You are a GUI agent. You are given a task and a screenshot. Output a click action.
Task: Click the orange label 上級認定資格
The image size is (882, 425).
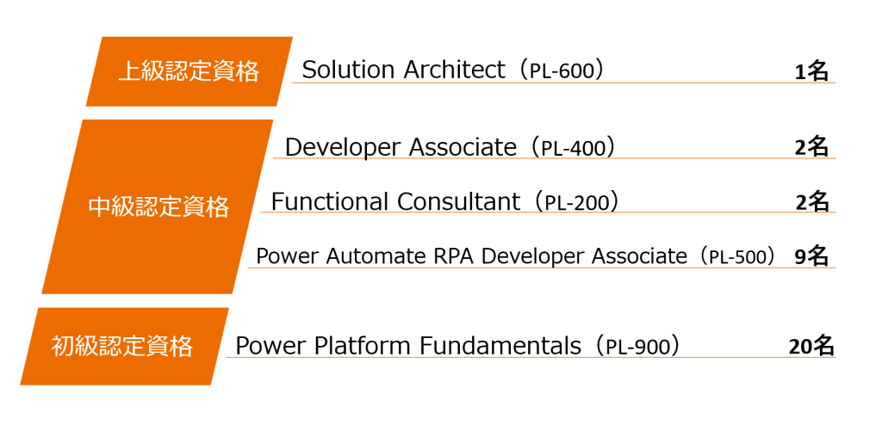click(x=189, y=71)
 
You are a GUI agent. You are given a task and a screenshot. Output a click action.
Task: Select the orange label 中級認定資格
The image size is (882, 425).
click(x=158, y=206)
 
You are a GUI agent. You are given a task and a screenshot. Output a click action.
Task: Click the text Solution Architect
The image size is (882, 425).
click(x=403, y=71)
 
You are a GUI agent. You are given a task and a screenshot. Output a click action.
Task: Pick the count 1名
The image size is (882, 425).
click(x=811, y=72)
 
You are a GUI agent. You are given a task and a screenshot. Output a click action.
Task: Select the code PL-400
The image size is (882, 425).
click(x=573, y=149)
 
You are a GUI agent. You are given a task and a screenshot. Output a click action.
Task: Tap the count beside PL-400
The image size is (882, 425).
click(x=811, y=148)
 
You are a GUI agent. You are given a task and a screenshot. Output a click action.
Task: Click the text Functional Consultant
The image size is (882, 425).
click(x=395, y=202)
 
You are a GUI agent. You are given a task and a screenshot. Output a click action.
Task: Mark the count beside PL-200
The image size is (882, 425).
click(x=812, y=202)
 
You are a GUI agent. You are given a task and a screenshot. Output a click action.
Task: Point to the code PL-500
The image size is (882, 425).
click(x=738, y=257)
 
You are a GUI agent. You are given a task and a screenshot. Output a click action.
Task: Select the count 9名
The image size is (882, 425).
click(x=811, y=256)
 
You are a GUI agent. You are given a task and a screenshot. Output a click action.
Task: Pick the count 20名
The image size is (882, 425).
click(x=811, y=347)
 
